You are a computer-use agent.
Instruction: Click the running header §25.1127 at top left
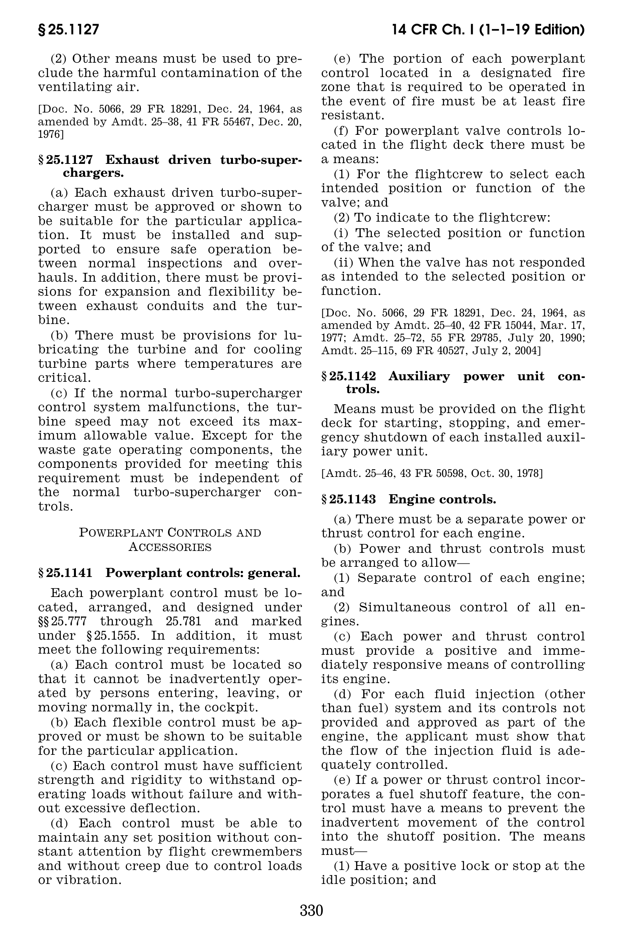coord(69,30)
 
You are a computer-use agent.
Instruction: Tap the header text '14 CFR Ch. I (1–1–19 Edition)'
coord(488,30)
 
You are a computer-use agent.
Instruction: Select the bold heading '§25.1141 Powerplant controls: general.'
coord(169,573)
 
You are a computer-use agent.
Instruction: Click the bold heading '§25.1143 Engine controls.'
coord(409,500)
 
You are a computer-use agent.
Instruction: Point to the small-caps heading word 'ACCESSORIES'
coord(170,548)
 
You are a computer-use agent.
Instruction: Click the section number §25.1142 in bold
coord(349,376)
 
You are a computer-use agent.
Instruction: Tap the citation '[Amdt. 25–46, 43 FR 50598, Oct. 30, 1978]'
coord(432,474)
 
